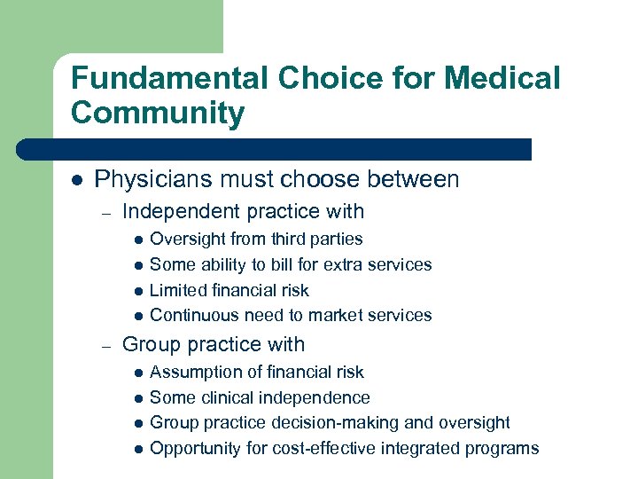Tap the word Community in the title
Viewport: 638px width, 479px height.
[x=158, y=114]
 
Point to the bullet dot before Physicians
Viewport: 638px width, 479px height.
[x=77, y=180]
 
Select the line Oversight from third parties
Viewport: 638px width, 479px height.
[x=256, y=239]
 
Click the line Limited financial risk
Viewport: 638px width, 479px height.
[x=229, y=290]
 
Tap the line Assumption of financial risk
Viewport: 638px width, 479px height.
[x=257, y=372]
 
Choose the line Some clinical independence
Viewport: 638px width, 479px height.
[x=260, y=397]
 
